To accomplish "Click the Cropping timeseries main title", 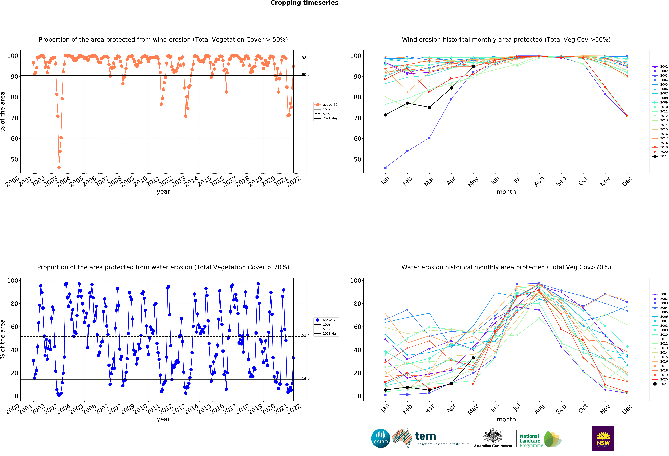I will pos(304,3).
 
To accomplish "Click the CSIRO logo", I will pos(381,438).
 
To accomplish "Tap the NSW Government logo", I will pos(603,438).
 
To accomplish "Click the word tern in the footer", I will pos(425,436).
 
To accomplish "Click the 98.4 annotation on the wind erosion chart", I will pos(305,58).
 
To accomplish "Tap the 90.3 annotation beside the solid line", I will pos(305,75).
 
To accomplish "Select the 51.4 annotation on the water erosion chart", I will pos(305,335).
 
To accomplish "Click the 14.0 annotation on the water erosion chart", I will pos(305,379).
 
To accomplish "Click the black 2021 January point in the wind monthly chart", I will pos(385,115).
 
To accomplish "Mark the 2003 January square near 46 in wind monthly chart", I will pos(385,168).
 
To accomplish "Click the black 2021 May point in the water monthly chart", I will pos(473,358).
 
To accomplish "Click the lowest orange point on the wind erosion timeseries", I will pos(59,168).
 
